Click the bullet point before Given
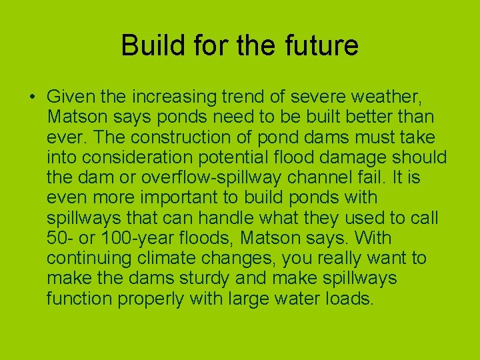(x=32, y=98)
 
